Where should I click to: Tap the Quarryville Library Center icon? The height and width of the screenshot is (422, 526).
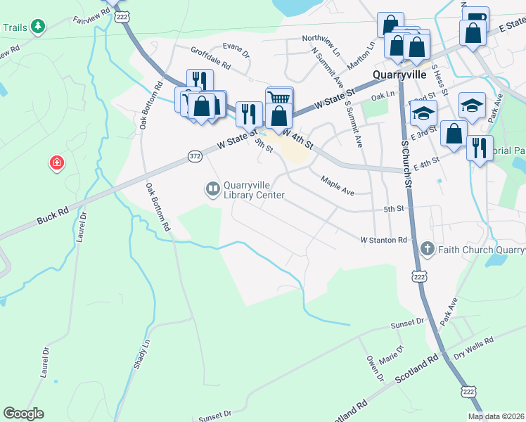[x=212, y=188]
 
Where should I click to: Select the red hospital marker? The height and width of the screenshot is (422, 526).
[x=56, y=164]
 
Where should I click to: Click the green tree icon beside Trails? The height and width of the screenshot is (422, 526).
[x=38, y=27]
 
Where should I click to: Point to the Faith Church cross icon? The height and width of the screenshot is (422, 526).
[x=427, y=249]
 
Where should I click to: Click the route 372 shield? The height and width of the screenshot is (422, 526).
[x=195, y=155]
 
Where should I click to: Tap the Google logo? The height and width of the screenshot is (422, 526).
[x=23, y=414]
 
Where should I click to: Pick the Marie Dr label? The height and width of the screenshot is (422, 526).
[x=392, y=354]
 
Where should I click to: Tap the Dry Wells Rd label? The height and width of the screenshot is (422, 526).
[x=474, y=347]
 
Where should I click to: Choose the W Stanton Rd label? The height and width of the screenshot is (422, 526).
[x=384, y=240]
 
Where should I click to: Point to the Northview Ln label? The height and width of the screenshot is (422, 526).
[x=321, y=44]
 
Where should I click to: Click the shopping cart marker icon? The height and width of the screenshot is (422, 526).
[x=279, y=97]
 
